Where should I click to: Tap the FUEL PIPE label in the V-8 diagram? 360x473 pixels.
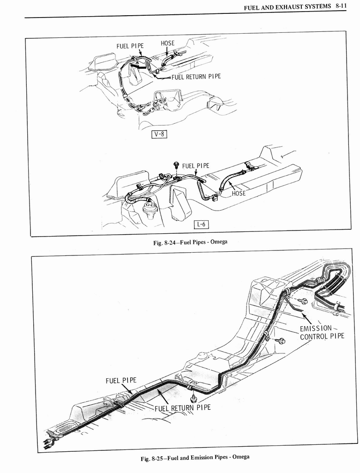[130, 46]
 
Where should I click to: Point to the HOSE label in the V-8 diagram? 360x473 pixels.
[168, 43]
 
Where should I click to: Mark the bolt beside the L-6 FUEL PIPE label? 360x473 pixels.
[176, 165]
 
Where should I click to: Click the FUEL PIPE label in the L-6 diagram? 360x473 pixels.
[195, 166]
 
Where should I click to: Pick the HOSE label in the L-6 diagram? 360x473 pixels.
[239, 194]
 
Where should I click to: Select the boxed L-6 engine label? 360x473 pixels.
[201, 225]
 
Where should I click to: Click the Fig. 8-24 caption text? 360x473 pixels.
[190, 242]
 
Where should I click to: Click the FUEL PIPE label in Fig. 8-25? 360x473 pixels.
[121, 381]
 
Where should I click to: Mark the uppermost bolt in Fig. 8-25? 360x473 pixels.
[304, 301]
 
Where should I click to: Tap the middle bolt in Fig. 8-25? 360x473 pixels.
[281, 341]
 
